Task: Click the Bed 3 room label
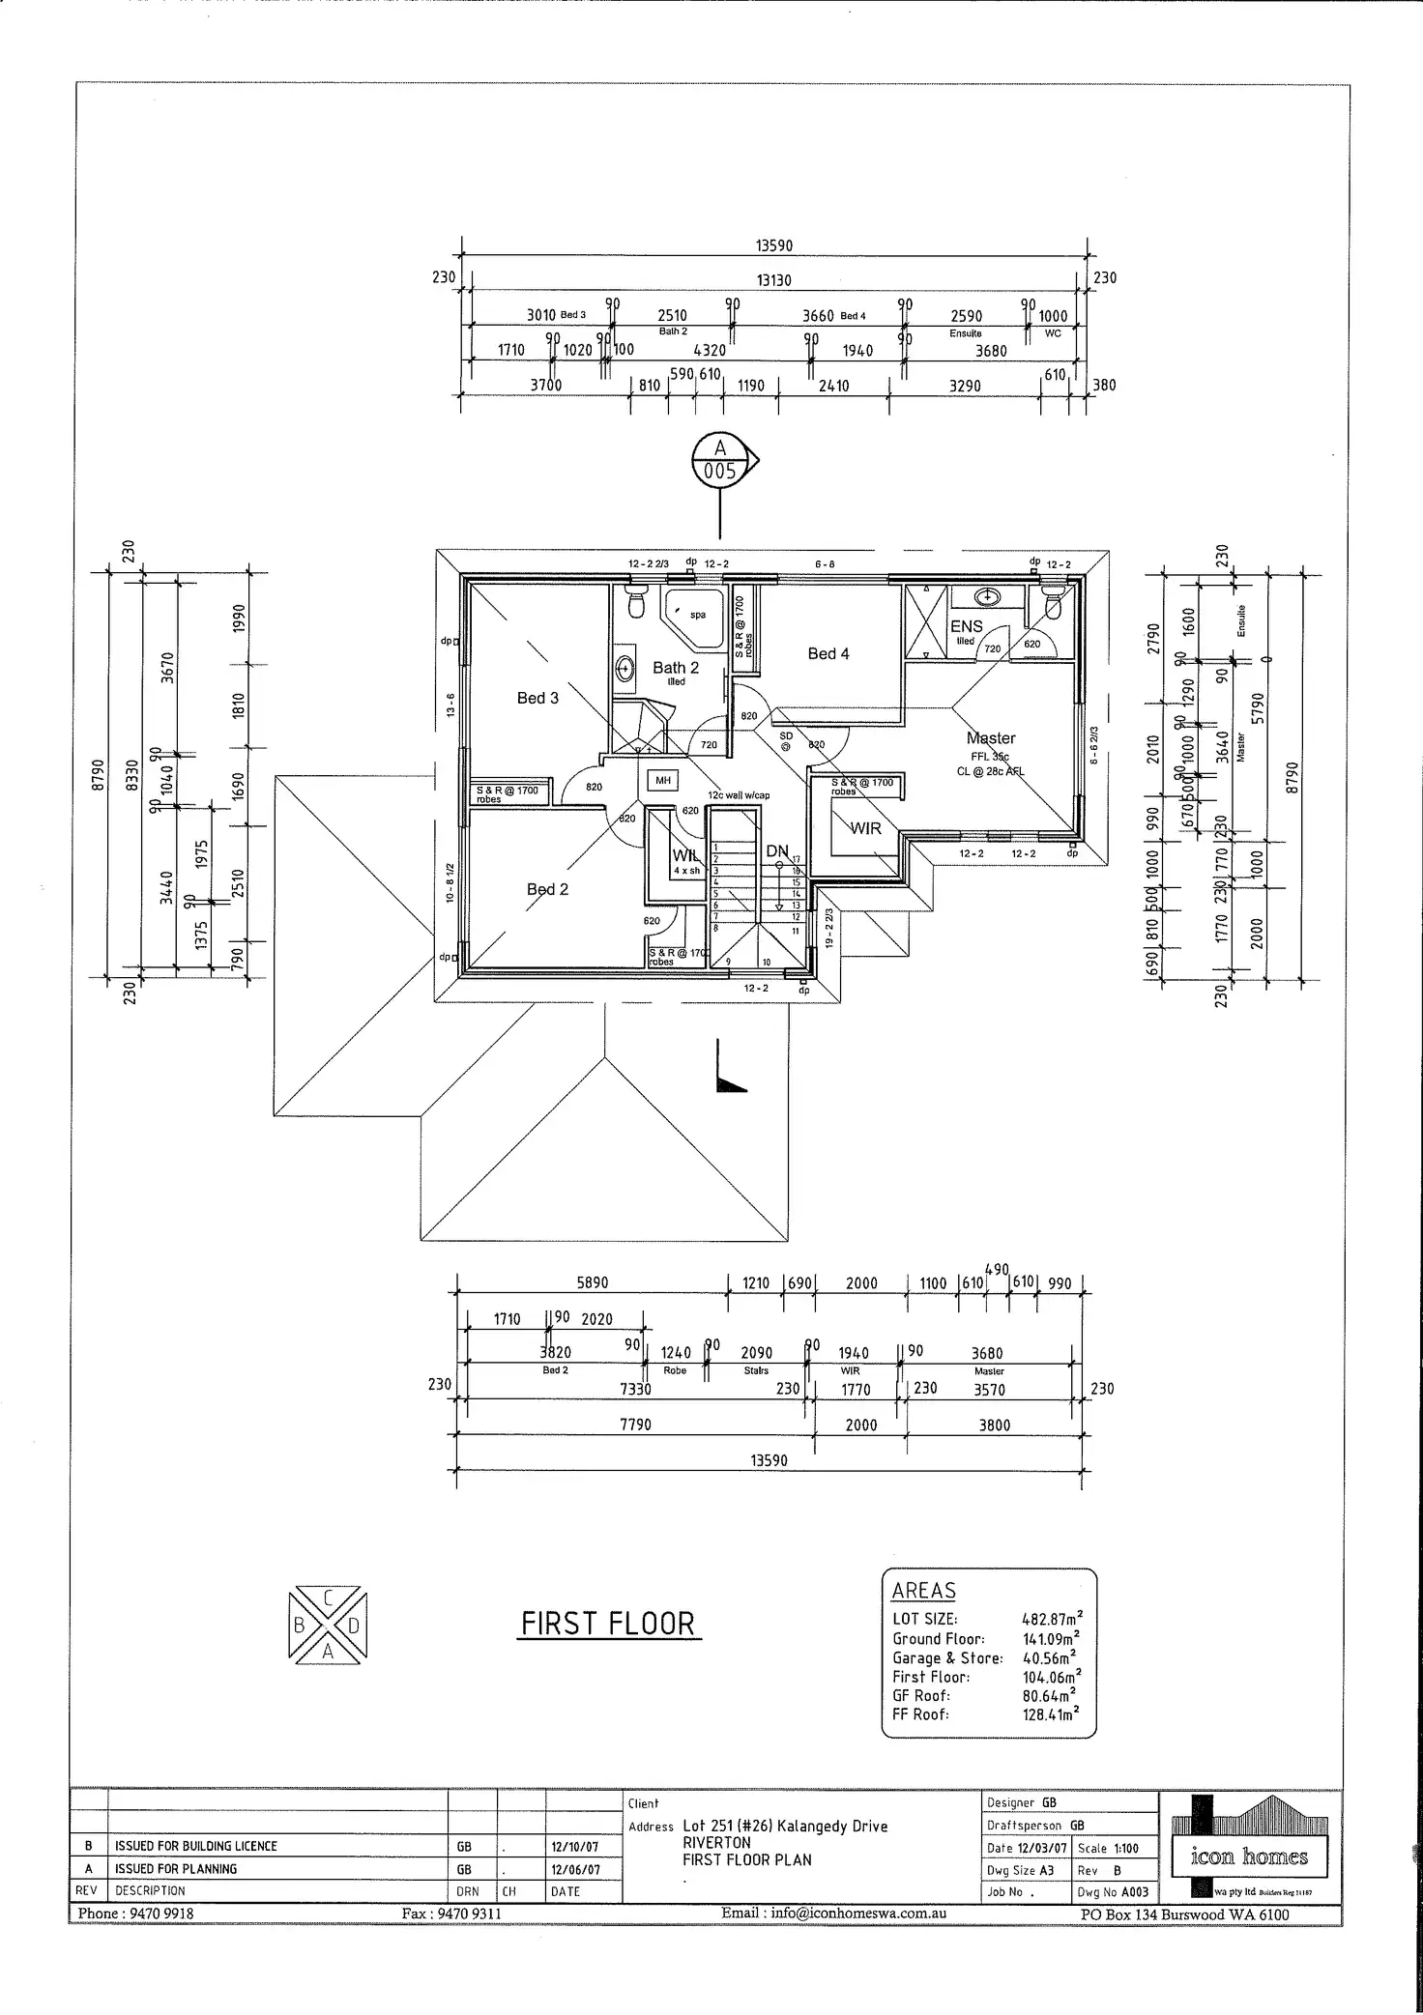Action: [537, 698]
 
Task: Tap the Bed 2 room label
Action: [547, 889]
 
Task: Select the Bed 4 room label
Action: [828, 654]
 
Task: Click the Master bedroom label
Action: [991, 737]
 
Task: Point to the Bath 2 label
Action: [675, 668]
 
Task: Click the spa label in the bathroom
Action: [698, 615]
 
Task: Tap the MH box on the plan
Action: [663, 780]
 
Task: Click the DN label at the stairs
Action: [777, 851]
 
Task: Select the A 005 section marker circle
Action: [720, 460]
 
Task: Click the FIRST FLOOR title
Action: [608, 1624]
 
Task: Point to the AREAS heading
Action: [923, 1591]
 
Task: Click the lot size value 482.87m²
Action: [1052, 1619]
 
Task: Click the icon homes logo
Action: [1249, 1857]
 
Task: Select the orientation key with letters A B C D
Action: [327, 1625]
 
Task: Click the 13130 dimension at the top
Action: [773, 280]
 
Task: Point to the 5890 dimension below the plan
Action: [593, 1282]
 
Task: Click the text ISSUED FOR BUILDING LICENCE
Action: [196, 1846]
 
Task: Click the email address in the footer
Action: [833, 1914]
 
